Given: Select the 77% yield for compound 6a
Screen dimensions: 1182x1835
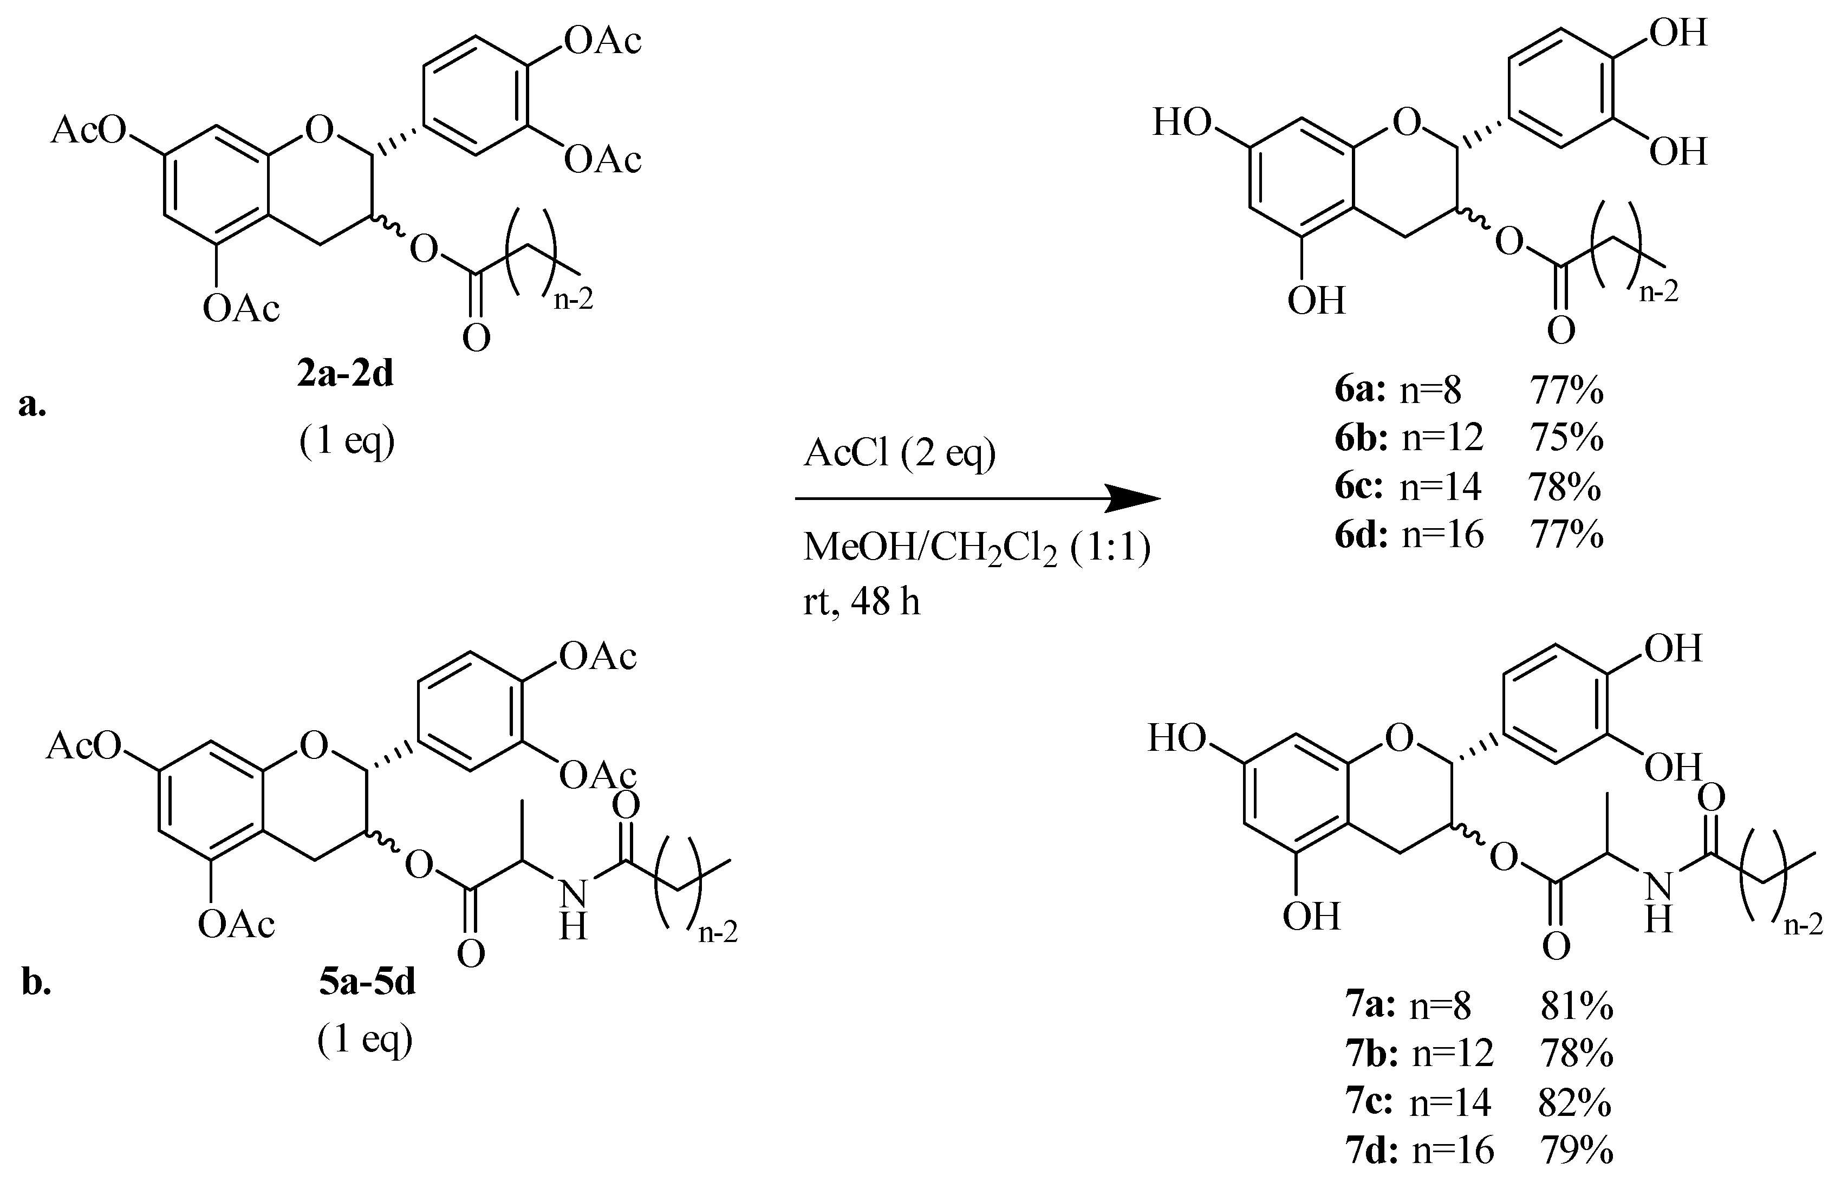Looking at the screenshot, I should [x=1566, y=392].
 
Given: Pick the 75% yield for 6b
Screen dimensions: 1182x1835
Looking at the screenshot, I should [x=1566, y=438].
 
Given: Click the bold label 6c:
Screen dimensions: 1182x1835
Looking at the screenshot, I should [x=1358, y=486].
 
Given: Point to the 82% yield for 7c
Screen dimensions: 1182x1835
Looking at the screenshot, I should [x=1574, y=1103].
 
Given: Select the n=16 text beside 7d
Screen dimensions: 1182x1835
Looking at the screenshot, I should [x=1453, y=1151].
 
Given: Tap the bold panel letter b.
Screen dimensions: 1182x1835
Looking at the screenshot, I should [x=35, y=983].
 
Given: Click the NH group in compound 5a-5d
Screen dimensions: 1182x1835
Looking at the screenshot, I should [x=573, y=910].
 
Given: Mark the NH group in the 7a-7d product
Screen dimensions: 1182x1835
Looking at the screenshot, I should [x=1658, y=902].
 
